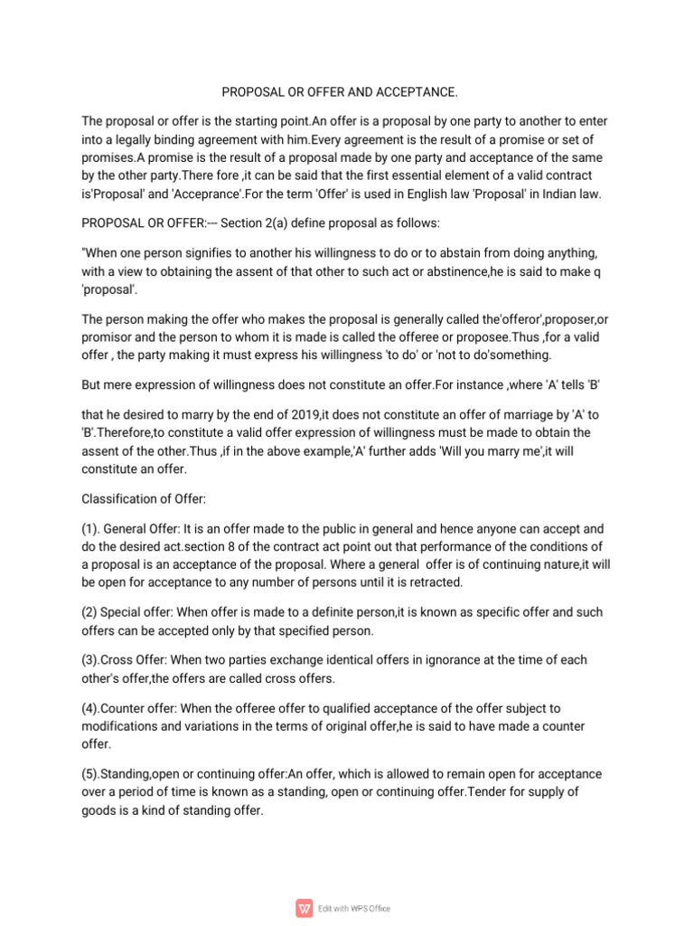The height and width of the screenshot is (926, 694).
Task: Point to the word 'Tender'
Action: pos(483,792)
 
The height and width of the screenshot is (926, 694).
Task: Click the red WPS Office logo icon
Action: pos(303,908)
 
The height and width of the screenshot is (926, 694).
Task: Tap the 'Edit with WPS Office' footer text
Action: pos(354,909)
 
